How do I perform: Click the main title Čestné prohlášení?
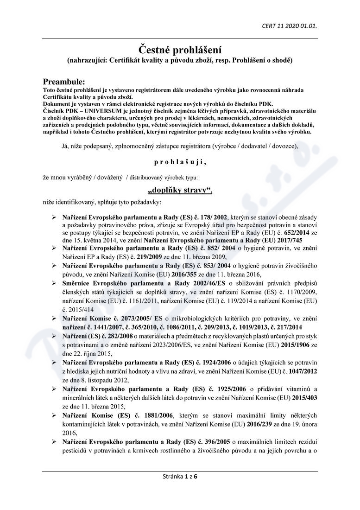[180, 49]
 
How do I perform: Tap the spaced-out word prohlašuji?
[180, 162]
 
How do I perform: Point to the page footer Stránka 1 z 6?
[180, 476]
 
